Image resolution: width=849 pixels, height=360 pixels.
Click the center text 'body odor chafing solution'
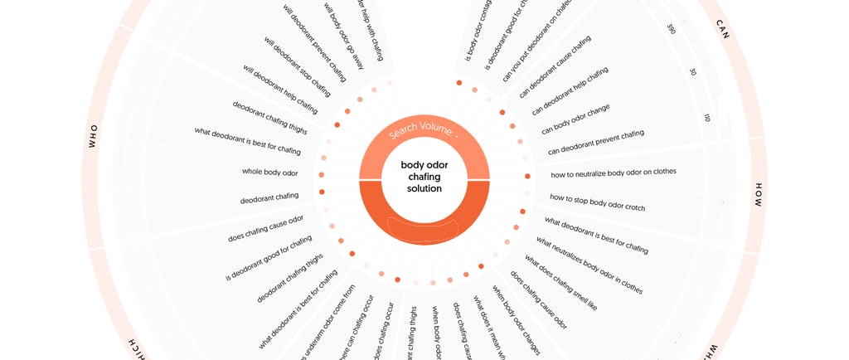(x=424, y=177)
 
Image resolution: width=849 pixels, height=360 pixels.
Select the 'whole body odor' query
(x=269, y=173)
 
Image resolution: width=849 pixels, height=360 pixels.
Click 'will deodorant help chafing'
(x=279, y=89)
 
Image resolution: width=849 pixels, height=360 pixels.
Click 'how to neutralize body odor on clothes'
(x=614, y=173)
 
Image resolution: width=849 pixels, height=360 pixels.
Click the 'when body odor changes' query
(x=516, y=320)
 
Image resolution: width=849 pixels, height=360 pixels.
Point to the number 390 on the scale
(x=671, y=29)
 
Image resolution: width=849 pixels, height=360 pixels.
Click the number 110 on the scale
(x=706, y=119)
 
